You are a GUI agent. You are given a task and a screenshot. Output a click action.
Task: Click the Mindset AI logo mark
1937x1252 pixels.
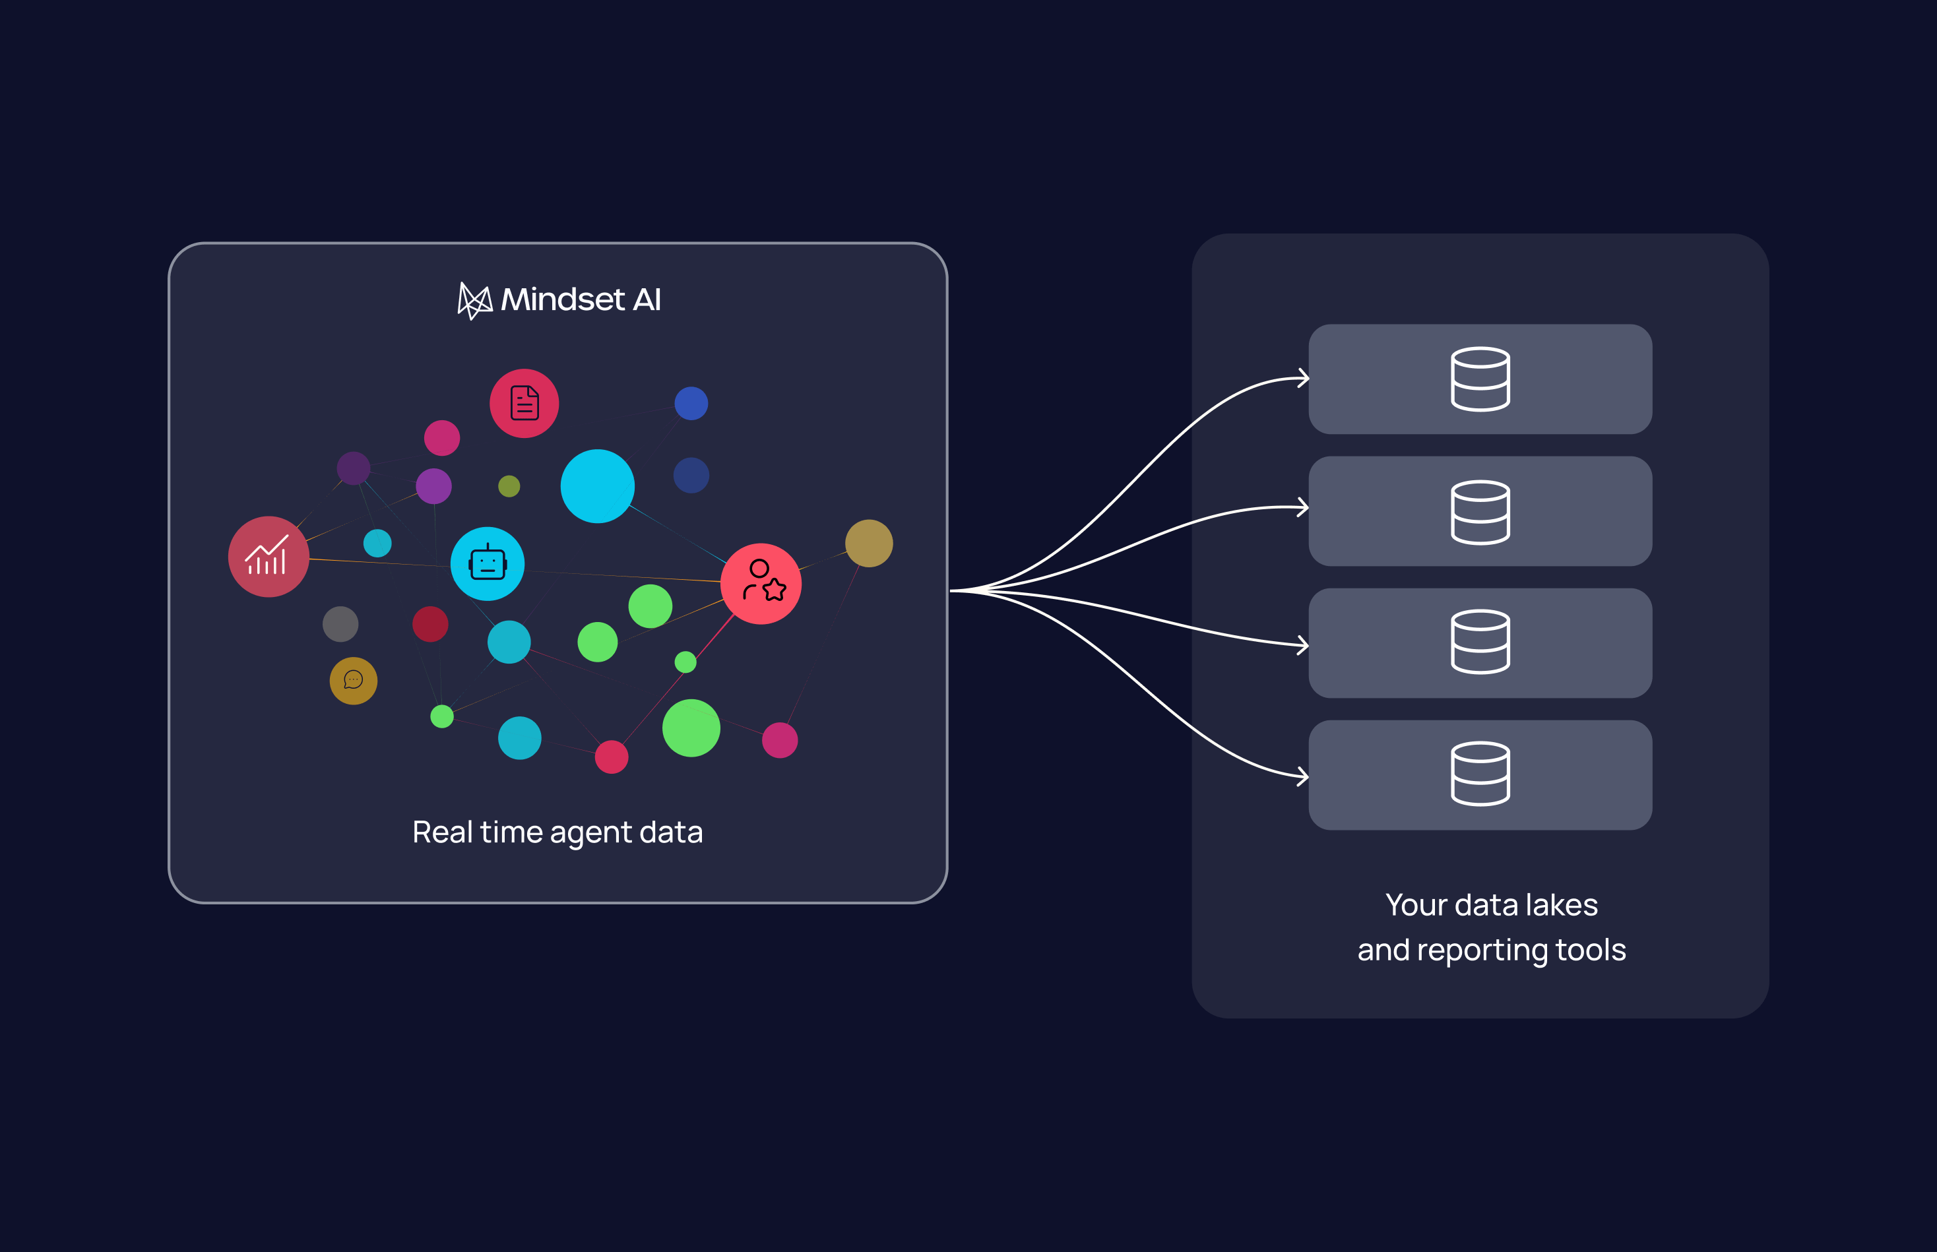[x=475, y=301]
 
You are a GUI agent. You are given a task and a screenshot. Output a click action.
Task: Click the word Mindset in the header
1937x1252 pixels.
[x=563, y=299]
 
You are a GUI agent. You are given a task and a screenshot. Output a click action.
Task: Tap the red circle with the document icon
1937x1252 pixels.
[x=524, y=403]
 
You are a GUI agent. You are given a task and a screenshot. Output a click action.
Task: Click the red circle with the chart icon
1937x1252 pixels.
[x=269, y=557]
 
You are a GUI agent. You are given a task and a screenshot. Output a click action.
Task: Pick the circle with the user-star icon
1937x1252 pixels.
[x=761, y=584]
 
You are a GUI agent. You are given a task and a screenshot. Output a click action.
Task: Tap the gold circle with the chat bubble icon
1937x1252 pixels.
[x=354, y=681]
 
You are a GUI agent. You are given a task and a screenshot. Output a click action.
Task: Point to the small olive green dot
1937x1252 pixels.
[x=509, y=486]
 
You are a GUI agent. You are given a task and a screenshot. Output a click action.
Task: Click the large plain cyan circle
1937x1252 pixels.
[x=598, y=486]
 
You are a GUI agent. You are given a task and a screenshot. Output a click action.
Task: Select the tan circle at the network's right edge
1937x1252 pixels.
[x=870, y=543]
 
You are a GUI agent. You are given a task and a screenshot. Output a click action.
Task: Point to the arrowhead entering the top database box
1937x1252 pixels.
[x=1304, y=378]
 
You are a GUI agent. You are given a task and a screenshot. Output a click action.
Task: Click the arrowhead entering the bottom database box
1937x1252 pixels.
[x=1304, y=776]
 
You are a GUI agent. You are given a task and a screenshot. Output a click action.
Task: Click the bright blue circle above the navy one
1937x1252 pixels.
[x=691, y=403]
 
